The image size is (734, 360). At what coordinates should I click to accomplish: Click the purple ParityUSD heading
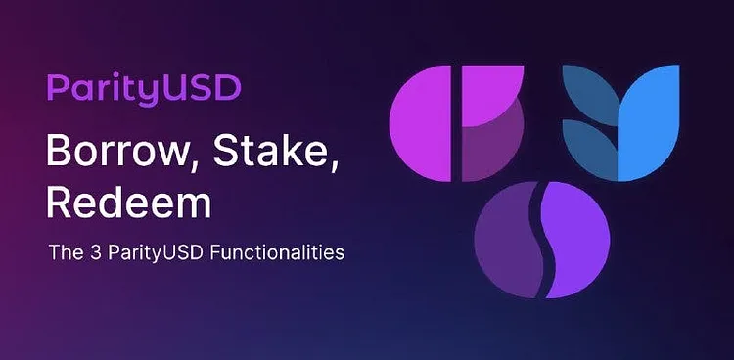[144, 89]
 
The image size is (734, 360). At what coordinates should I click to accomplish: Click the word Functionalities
[277, 252]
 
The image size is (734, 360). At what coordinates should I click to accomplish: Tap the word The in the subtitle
[68, 252]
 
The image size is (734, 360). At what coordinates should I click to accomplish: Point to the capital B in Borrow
[59, 150]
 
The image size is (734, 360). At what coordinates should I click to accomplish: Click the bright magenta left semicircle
[421, 123]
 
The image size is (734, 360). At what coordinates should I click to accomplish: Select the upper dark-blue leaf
[590, 94]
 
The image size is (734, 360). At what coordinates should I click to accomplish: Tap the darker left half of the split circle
[506, 240]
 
